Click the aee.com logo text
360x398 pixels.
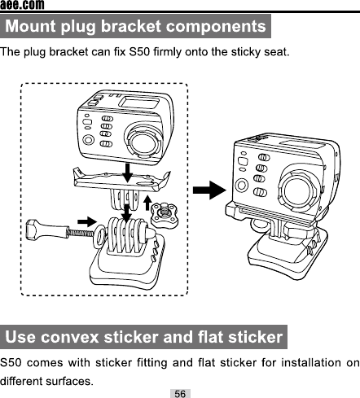point(22,5)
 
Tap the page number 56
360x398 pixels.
point(180,393)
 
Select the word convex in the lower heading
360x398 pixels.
point(69,337)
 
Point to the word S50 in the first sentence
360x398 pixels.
point(139,51)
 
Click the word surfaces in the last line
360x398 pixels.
point(69,381)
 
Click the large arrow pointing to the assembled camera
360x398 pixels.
point(209,190)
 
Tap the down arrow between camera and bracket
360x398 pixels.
point(127,173)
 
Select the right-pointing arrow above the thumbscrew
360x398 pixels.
point(87,221)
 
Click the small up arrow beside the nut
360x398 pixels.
point(147,203)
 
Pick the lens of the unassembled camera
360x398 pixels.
point(143,142)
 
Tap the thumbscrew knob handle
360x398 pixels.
point(46,229)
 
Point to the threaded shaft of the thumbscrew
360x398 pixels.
point(81,233)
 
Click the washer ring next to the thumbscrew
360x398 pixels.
point(99,236)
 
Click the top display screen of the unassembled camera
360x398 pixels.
point(139,103)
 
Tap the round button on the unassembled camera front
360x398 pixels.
point(88,140)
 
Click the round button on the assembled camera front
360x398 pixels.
point(241,186)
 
